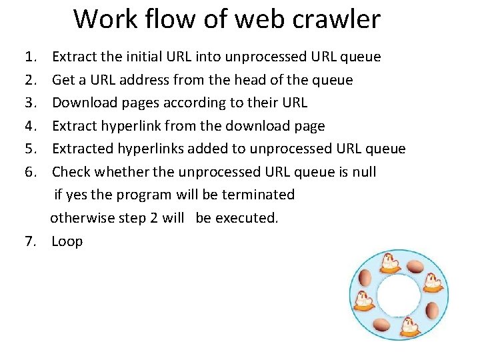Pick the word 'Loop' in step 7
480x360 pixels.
(67, 241)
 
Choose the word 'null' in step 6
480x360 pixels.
(363, 172)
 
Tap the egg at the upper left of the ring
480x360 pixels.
(365, 278)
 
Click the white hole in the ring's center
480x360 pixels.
(399, 295)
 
